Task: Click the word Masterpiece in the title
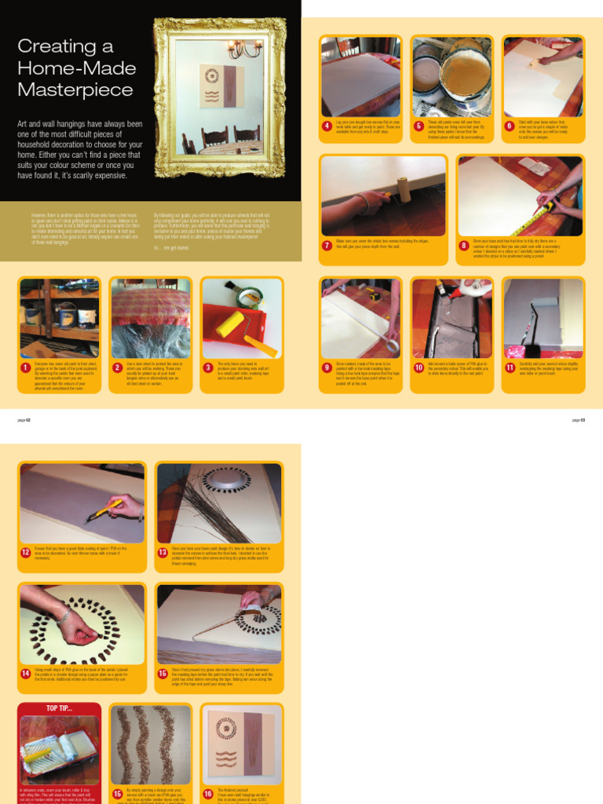point(75,90)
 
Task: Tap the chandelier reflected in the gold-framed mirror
point(244,49)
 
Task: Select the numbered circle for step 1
point(26,367)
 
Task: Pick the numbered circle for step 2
point(118,367)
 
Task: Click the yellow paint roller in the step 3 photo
point(232,324)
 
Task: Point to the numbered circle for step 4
point(327,126)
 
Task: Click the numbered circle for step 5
point(419,126)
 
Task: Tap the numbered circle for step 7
point(327,245)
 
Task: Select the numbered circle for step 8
point(464,245)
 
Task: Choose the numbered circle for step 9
point(327,367)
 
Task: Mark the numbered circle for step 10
point(419,367)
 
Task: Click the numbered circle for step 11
point(510,367)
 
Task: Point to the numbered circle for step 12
point(26,553)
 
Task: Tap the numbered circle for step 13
point(163,553)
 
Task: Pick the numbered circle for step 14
point(26,674)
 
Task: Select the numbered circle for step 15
point(118,793)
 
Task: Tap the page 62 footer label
point(24,420)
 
